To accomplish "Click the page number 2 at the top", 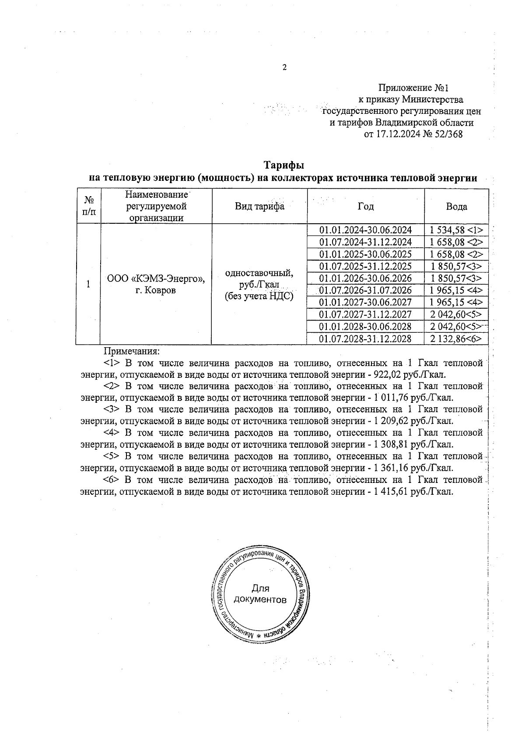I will tap(285, 67).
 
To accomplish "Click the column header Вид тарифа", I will tap(259, 207).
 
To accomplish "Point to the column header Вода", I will tap(456, 207).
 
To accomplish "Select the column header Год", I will tap(366, 207).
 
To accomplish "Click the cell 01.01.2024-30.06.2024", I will tap(365, 230).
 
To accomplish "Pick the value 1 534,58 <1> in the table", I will tap(456, 230).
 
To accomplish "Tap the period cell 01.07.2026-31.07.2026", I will tap(365, 290).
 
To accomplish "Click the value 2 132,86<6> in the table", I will tap(455, 338).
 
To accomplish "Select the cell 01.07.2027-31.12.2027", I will tap(365, 314).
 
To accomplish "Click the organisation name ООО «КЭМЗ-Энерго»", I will tap(156, 278).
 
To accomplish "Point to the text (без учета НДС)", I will tap(259, 296).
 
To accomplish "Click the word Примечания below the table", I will tap(131, 351).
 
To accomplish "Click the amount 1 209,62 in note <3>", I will tap(391, 421).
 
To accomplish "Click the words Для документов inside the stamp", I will tap(260, 594).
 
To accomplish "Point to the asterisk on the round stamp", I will tap(259, 636).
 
